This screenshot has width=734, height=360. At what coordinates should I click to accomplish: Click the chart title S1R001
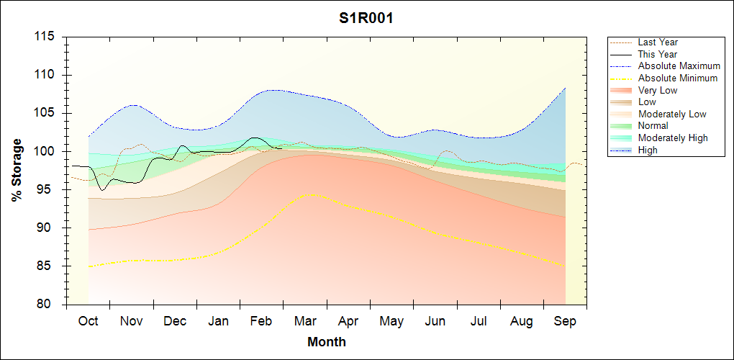point(366,19)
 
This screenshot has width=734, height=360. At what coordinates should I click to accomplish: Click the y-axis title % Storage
point(17,170)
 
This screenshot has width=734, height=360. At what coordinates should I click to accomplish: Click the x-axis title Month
point(327,342)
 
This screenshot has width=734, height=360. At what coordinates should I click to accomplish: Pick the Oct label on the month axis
point(88,321)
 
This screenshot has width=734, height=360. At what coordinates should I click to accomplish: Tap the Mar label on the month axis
point(304,321)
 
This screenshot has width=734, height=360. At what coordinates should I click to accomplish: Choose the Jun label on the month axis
point(435,321)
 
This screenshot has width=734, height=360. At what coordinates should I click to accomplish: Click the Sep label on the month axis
point(566,321)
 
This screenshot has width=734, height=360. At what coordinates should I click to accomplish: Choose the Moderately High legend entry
point(673,138)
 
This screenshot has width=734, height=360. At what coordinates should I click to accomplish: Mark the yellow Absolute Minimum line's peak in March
point(310,194)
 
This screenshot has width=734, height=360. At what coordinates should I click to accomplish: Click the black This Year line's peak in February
point(254,137)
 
